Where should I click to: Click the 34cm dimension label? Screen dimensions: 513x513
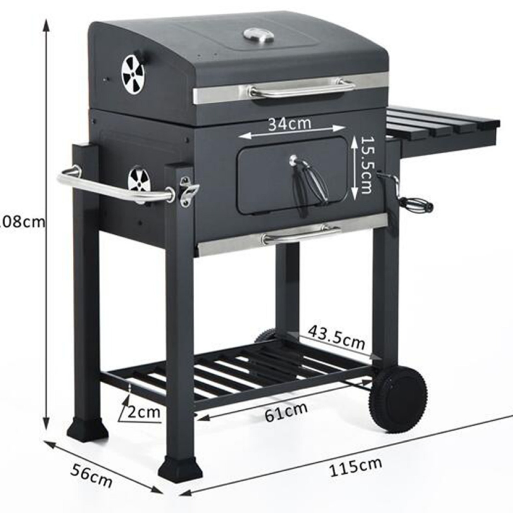[289, 124]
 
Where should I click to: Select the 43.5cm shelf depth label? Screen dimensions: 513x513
[336, 337]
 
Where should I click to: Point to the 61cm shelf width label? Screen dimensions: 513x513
[286, 411]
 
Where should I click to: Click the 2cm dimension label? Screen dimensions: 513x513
[144, 412]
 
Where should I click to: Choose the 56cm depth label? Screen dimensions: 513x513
[91, 476]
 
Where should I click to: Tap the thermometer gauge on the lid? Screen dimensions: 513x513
[259, 35]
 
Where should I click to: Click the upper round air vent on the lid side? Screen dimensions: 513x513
[133, 74]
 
